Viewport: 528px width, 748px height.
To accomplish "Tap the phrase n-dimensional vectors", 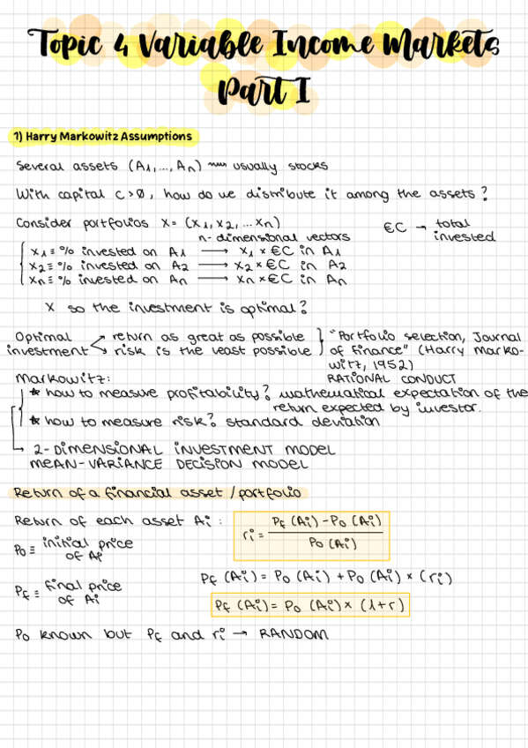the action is click(274, 236).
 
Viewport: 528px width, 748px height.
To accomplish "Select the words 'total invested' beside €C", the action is click(463, 230).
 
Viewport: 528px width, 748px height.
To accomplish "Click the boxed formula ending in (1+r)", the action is click(313, 606).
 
